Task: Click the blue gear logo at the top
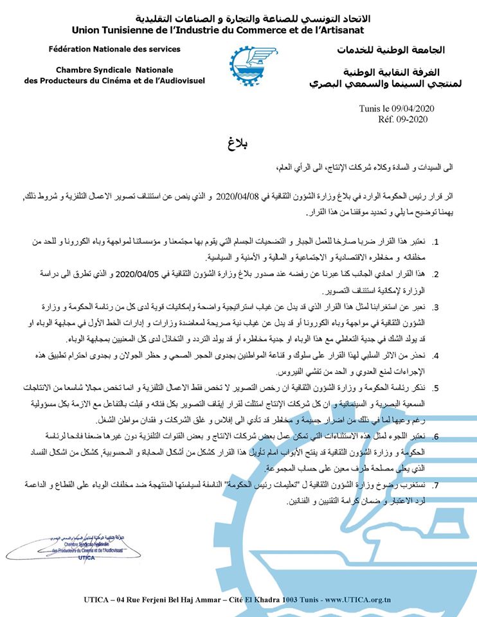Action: pyautogui.click(x=246, y=65)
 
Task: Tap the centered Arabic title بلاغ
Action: pyautogui.click(x=239, y=142)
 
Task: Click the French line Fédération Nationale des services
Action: pyautogui.click(x=114, y=49)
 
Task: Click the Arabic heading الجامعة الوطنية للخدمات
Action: pyautogui.click(x=391, y=50)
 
